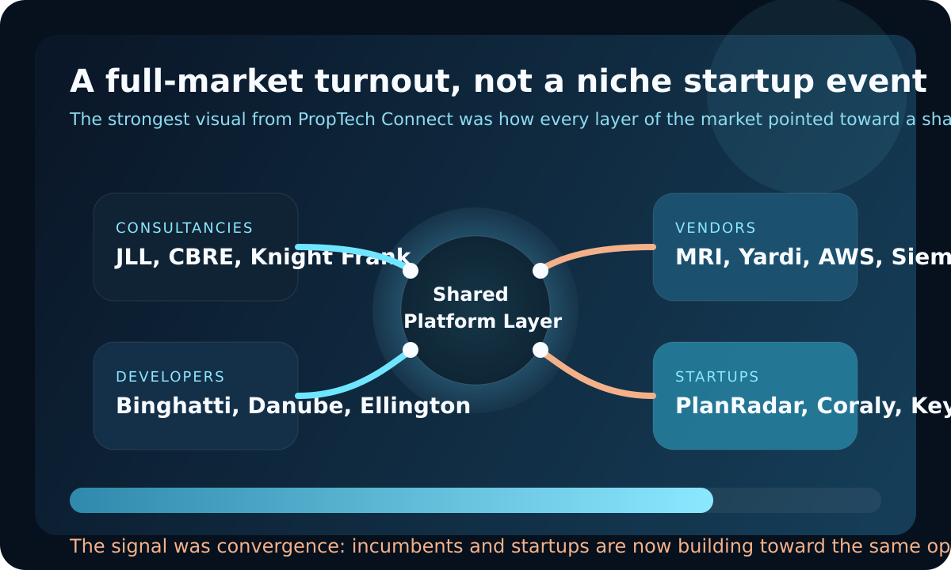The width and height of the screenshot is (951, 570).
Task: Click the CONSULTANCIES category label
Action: (184, 228)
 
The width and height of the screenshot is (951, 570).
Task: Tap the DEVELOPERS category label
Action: (170, 377)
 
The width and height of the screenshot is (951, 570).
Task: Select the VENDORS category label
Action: (716, 228)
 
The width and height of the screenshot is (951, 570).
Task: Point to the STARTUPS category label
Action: (717, 377)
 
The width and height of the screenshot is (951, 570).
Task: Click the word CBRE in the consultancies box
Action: (206, 257)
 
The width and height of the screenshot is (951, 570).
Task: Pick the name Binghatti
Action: (177, 406)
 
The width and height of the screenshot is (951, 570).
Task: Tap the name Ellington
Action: (415, 406)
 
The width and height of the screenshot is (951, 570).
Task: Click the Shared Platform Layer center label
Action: (475, 308)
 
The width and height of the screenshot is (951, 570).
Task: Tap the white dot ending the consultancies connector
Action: (411, 271)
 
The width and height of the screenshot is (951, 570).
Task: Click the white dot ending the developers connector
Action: (411, 350)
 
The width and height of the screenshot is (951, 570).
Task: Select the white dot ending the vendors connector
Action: (540, 271)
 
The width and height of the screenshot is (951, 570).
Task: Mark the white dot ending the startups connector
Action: (540, 350)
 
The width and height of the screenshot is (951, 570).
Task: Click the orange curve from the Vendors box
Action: (602, 251)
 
